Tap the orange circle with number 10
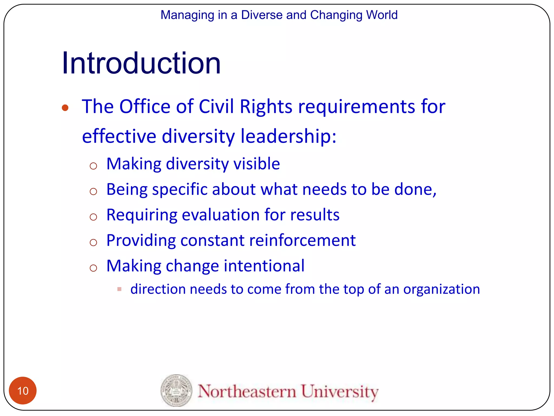pyautogui.click(x=23, y=391)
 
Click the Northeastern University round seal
pyautogui.click(x=176, y=390)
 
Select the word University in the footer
pyautogui.click(x=340, y=391)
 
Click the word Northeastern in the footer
pyautogui.click(x=247, y=391)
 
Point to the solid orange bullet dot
pyautogui.click(x=65, y=108)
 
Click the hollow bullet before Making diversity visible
pyautogui.click(x=93, y=166)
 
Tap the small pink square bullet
pyautogui.click(x=119, y=289)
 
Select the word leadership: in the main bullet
pyautogui.click(x=288, y=136)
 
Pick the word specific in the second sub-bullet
pyautogui.click(x=180, y=189)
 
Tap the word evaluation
pyautogui.click(x=221, y=215)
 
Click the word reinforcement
pyautogui.click(x=302, y=240)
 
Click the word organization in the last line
pyautogui.click(x=441, y=290)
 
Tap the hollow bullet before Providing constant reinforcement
pyautogui.click(x=93, y=242)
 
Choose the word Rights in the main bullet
pyautogui.click(x=266, y=107)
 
